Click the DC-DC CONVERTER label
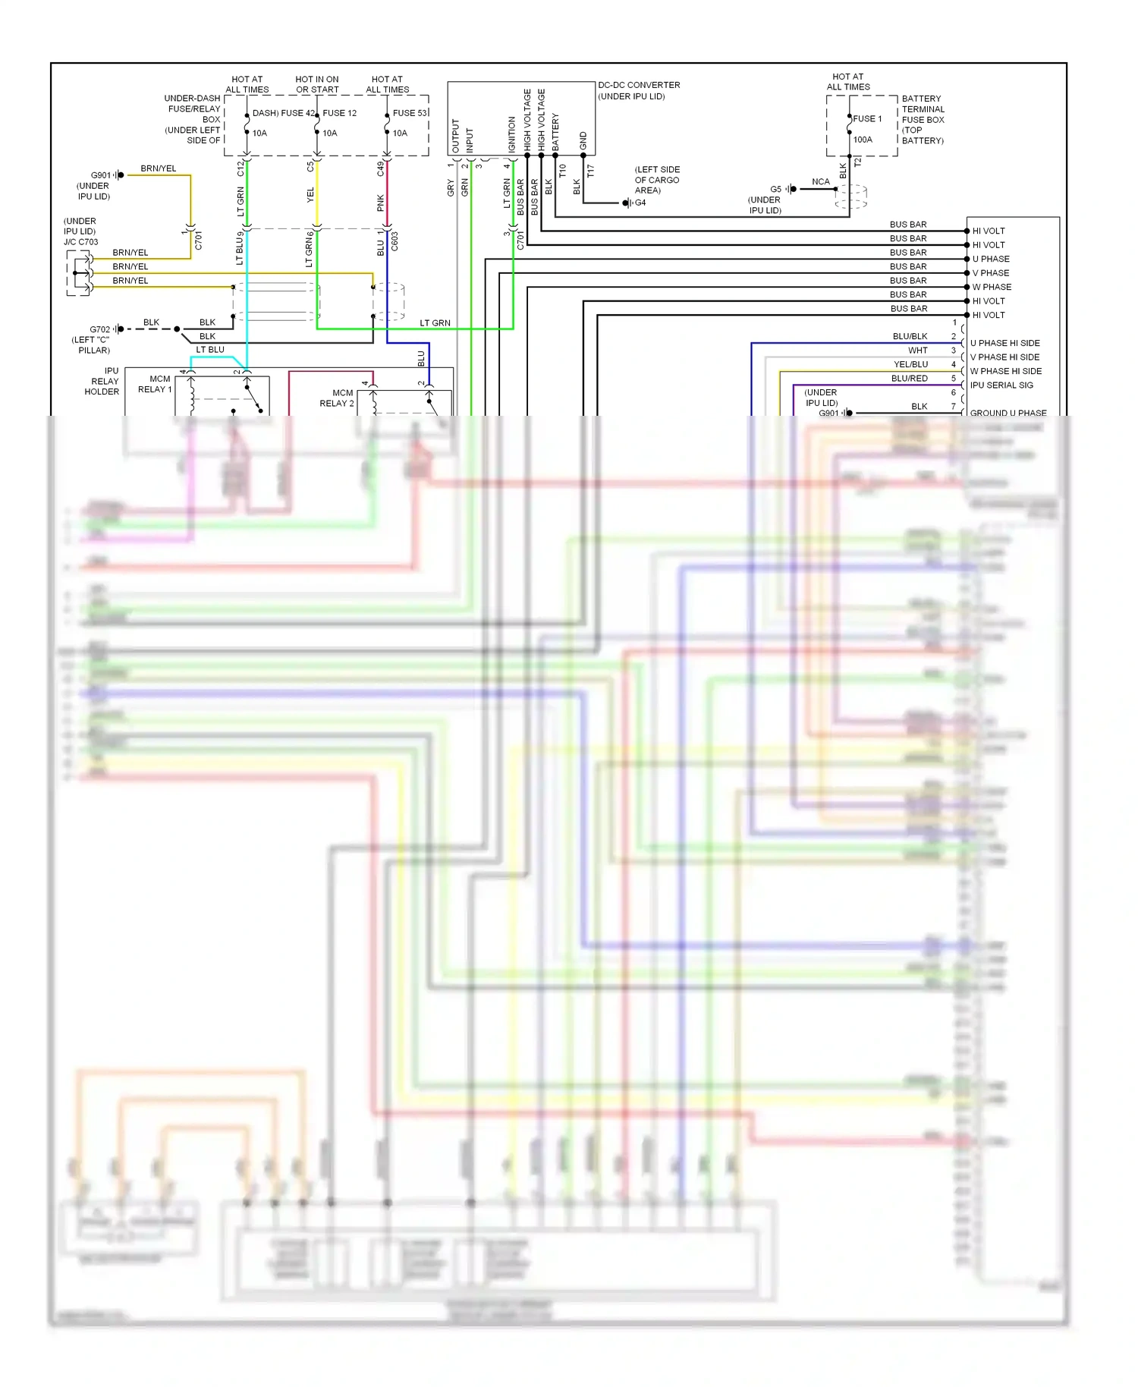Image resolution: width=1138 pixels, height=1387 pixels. tap(639, 85)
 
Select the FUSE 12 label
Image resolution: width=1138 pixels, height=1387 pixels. tap(339, 113)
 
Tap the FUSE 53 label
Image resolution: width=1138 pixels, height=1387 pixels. tap(410, 113)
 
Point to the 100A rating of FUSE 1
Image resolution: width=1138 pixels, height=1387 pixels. tap(863, 140)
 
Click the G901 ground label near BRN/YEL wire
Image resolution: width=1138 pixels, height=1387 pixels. tap(100, 175)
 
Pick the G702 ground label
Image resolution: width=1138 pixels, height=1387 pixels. tap(99, 329)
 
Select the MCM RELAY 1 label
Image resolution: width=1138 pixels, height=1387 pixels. tap(156, 384)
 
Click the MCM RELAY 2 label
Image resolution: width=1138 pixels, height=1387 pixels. tap(337, 398)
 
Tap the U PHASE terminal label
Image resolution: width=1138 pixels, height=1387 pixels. tap(991, 259)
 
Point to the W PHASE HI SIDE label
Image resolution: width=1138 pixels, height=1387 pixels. tap(1005, 371)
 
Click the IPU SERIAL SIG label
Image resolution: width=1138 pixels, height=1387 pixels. tap(1001, 385)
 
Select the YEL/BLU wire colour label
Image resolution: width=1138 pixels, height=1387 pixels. tap(910, 364)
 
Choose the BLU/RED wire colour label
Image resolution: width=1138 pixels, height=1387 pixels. tap(909, 379)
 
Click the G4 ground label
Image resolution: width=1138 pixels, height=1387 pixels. tap(640, 203)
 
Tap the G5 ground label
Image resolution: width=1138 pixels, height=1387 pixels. tap(775, 189)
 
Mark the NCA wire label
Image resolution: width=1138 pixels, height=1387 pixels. tap(820, 182)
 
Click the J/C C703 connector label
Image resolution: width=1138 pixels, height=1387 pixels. tap(80, 242)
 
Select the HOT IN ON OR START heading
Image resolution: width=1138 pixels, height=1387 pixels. tap(317, 84)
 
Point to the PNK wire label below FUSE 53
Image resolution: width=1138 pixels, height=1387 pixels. tap(381, 203)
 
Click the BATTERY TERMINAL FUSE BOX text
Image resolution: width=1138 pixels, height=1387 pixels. tap(923, 109)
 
